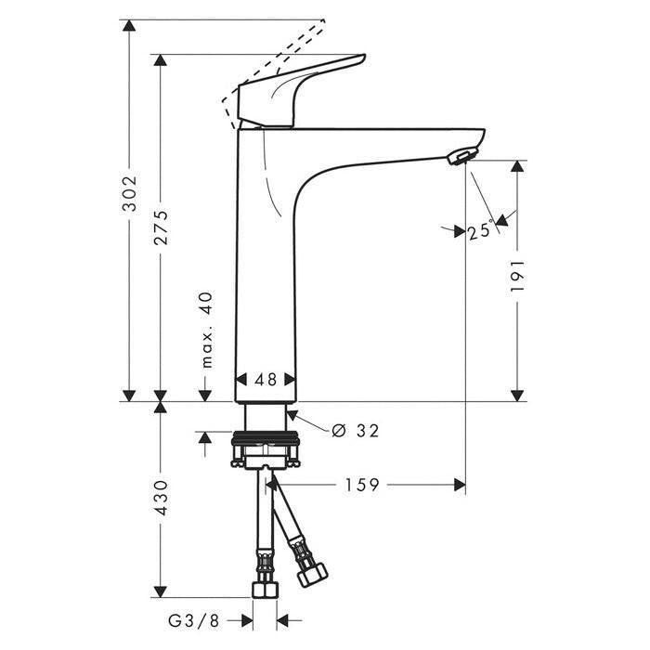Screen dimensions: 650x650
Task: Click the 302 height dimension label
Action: (x=129, y=193)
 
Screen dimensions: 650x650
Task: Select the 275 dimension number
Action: (x=161, y=227)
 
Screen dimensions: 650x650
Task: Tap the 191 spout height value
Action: (x=517, y=276)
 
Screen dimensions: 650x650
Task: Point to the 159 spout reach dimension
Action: (x=362, y=485)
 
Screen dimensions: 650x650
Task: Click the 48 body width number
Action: (x=266, y=379)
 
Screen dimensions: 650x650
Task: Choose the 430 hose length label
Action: (x=161, y=498)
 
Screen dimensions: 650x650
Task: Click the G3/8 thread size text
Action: (x=193, y=621)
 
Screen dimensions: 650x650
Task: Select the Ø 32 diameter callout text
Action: (x=356, y=431)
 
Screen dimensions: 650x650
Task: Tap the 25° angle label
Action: (x=481, y=231)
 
